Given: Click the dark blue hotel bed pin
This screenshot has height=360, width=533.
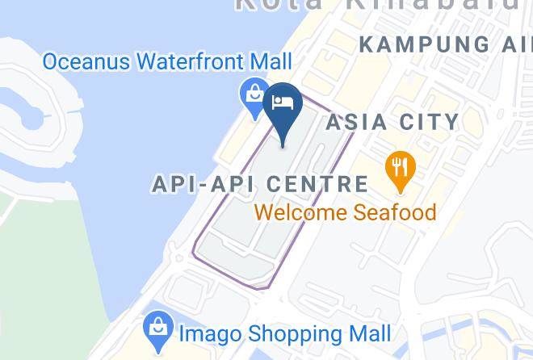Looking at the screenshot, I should pos(283,107).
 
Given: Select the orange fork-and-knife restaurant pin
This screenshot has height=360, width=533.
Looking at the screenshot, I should pos(400,169).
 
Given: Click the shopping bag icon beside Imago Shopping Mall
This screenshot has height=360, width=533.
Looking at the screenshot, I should pos(156,330).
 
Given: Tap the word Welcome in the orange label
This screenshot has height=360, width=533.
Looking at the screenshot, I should pos(301,213).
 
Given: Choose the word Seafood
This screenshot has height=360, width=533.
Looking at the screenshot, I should pos(395,213).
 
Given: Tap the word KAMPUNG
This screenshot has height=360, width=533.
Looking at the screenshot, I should pos(410,44).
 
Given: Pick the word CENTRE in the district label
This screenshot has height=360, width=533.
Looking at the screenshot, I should pos(318,184).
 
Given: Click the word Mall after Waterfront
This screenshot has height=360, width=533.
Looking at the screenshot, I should pos(270,61).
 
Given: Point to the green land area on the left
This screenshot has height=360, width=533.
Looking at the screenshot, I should pos(48,266).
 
